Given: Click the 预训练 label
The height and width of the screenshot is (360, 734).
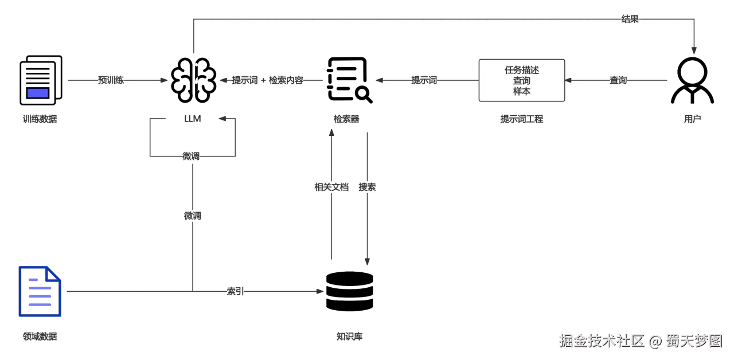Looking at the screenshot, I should coord(111,80).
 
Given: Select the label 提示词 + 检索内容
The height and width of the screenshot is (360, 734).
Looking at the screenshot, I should coord(268,80).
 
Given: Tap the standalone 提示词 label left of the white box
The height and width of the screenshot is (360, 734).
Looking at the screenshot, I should coord(424,80).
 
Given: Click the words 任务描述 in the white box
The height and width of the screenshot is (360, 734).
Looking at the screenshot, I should coord(522,70).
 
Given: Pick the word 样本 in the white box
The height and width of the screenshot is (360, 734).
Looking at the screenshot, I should coord(522,91).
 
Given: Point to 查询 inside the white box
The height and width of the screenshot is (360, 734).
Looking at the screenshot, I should coord(522,81).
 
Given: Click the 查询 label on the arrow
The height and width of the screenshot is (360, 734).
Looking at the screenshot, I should coord(618,80).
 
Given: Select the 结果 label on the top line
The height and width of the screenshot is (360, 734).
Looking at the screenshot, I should coord(630,19).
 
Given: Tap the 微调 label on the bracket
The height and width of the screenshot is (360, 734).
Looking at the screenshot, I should coord(190,156).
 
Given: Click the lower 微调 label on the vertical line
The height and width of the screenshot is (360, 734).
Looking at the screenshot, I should coord(192,216).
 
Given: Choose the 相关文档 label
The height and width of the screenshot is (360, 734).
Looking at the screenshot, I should coord(331,187).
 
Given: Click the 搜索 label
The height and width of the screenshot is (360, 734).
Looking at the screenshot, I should coord(367,187).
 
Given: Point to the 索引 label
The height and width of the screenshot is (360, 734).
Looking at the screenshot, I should coord(235,291).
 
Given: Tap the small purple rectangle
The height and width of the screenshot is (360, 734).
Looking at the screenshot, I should coord(38,93).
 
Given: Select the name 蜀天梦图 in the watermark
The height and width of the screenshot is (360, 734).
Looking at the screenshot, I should coord(693,341).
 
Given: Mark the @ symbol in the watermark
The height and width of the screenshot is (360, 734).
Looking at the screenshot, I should coord(655,341).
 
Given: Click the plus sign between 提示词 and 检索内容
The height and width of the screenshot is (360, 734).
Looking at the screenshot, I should coord(263,80).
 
